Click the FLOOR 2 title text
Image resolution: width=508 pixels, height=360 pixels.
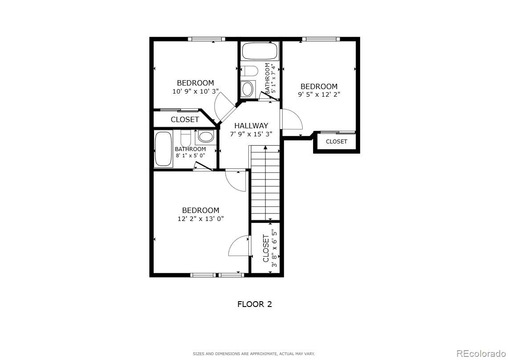[254, 304]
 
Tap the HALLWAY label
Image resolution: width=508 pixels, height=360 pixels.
[251, 126]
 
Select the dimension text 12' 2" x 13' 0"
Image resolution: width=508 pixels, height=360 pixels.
[200, 219]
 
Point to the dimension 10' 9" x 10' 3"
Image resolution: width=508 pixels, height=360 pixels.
[195, 91]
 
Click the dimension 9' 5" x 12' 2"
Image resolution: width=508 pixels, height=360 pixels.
[319, 94]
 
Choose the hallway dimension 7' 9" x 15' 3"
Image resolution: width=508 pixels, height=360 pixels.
[251, 134]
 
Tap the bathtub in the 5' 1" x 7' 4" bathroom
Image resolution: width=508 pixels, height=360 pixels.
[260, 51]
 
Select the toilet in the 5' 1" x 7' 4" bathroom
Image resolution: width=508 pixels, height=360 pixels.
[249, 72]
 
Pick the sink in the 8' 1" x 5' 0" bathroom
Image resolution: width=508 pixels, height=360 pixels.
[205, 136]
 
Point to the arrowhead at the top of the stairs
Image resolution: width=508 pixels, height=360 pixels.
[265, 147]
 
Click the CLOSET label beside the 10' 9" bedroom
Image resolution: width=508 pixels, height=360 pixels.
[185, 119]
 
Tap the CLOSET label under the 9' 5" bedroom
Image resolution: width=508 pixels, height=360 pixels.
[336, 142]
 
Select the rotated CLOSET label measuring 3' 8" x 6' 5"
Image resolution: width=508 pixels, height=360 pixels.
[266, 248]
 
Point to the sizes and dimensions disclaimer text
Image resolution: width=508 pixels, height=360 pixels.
[253, 354]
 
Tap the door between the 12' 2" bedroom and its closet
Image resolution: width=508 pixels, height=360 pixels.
[240, 246]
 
